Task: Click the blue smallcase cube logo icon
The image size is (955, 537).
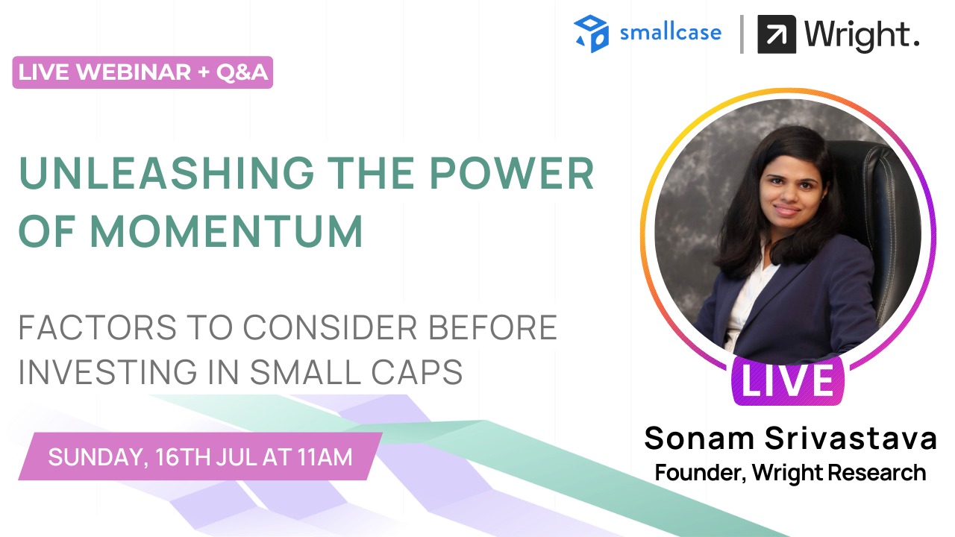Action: coord(592,34)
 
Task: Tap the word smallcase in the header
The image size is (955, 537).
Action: coord(671,33)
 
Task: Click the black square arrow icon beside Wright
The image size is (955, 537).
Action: coord(777,34)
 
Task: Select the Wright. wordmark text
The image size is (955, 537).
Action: coord(861,36)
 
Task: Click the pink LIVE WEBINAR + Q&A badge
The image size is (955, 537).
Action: coord(143,72)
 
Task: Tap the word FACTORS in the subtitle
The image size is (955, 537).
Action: coord(97,327)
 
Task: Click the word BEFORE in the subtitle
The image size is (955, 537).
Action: coord(492,327)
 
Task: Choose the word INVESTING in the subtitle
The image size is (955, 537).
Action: coord(108,372)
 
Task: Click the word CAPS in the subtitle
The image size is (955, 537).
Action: coord(416,372)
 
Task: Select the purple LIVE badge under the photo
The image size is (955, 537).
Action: coord(788,380)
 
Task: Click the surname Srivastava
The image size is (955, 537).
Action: coord(851,438)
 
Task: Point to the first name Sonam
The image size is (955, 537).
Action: coord(699,438)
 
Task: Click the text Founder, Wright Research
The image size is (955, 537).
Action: coord(790,473)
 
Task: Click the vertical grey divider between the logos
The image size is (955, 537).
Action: coord(742,34)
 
